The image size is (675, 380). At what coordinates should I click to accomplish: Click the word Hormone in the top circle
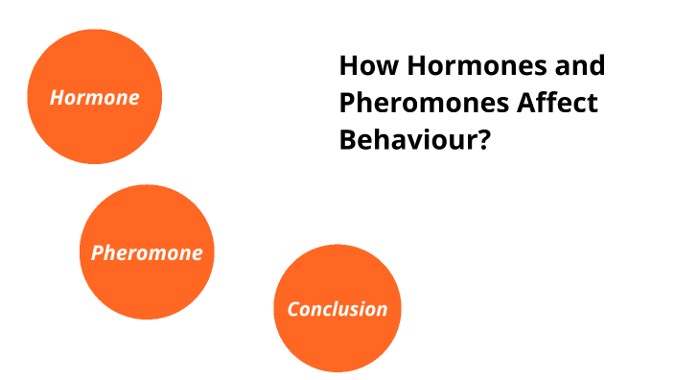point(95,98)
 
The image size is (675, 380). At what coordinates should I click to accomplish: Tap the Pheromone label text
point(147,253)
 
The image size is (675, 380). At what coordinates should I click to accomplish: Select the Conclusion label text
point(337,309)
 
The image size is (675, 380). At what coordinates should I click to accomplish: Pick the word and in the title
point(576,66)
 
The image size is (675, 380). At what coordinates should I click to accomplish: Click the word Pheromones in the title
point(421,103)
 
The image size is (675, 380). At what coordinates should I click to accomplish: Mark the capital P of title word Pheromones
point(348,103)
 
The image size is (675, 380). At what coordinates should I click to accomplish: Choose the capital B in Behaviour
point(348,139)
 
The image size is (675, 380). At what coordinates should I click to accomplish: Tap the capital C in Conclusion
point(293,309)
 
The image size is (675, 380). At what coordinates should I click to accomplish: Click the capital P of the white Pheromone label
point(97,253)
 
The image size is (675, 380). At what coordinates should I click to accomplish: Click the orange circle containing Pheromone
point(147,288)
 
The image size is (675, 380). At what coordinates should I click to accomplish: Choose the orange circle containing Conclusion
point(337,345)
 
